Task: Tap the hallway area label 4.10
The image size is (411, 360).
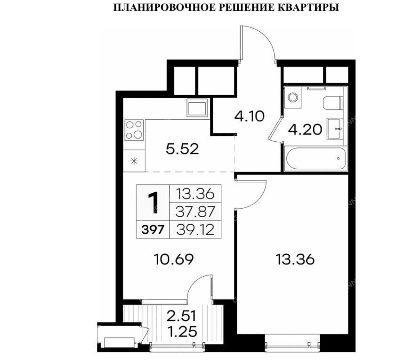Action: tap(249, 116)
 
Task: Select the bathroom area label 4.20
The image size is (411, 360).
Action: tap(305, 130)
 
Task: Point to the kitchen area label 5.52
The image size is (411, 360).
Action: tap(183, 149)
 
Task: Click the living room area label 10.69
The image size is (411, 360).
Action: tap(174, 260)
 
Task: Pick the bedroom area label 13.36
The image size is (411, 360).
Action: tap(295, 260)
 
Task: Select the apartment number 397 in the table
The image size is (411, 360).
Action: tap(153, 230)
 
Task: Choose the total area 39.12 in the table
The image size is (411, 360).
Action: tap(195, 230)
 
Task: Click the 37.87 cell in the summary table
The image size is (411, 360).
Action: tap(195, 212)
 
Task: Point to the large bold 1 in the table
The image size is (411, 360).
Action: tap(153, 203)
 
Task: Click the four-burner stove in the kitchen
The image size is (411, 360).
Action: tap(135, 130)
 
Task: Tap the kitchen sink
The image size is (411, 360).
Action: tap(197, 107)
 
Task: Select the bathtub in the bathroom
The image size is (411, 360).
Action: tap(315, 158)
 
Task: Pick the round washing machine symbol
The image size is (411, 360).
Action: tap(292, 98)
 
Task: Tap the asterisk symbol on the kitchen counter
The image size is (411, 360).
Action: tap(134, 161)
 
